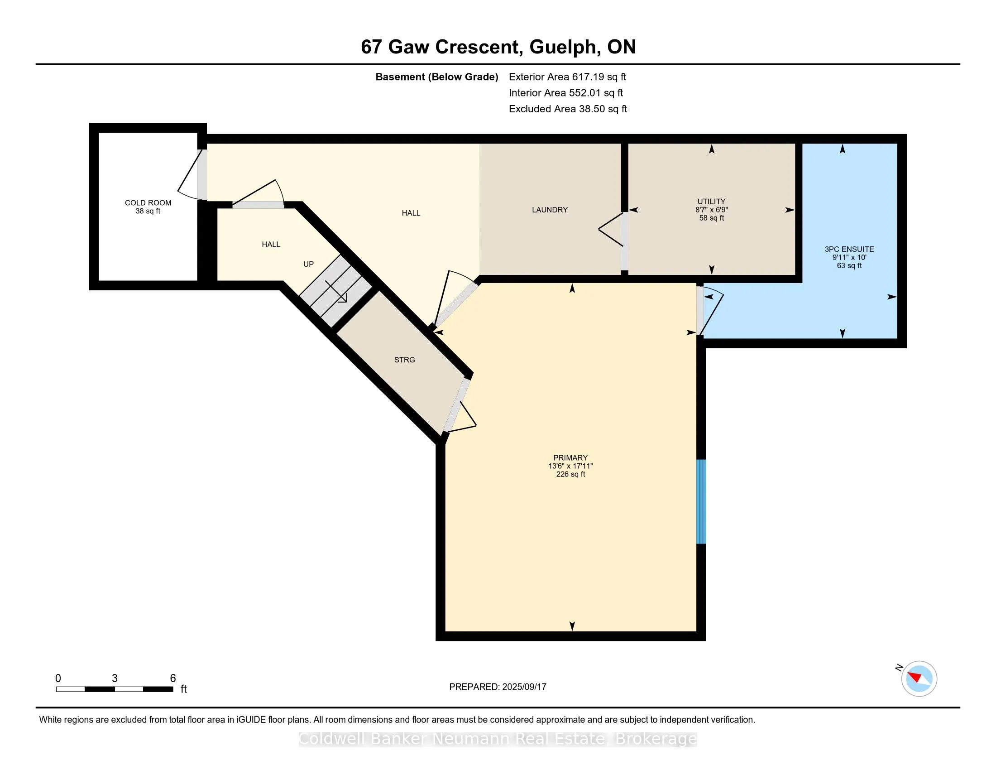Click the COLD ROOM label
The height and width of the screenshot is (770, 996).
point(148,202)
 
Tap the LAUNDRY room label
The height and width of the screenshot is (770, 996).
point(550,210)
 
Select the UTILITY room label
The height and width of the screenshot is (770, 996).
point(711,201)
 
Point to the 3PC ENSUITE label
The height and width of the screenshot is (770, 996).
point(849,249)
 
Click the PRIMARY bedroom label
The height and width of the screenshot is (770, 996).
point(570,457)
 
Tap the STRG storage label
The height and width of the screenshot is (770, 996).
point(404,360)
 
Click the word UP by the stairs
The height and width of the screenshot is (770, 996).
point(308,264)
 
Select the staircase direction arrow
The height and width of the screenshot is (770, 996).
point(336,292)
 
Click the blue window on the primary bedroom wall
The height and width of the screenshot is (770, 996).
point(701,502)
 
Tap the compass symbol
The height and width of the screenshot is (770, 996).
point(919,679)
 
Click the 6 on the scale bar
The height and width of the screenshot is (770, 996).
point(173,679)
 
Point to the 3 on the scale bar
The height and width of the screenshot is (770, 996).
point(115,679)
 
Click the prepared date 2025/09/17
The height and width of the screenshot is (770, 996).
point(523,687)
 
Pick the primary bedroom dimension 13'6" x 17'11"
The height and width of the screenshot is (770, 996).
point(570,466)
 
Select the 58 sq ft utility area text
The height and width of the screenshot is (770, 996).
point(711,218)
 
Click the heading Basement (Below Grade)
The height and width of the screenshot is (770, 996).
point(436,77)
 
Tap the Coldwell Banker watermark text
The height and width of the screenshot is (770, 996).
point(498,739)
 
